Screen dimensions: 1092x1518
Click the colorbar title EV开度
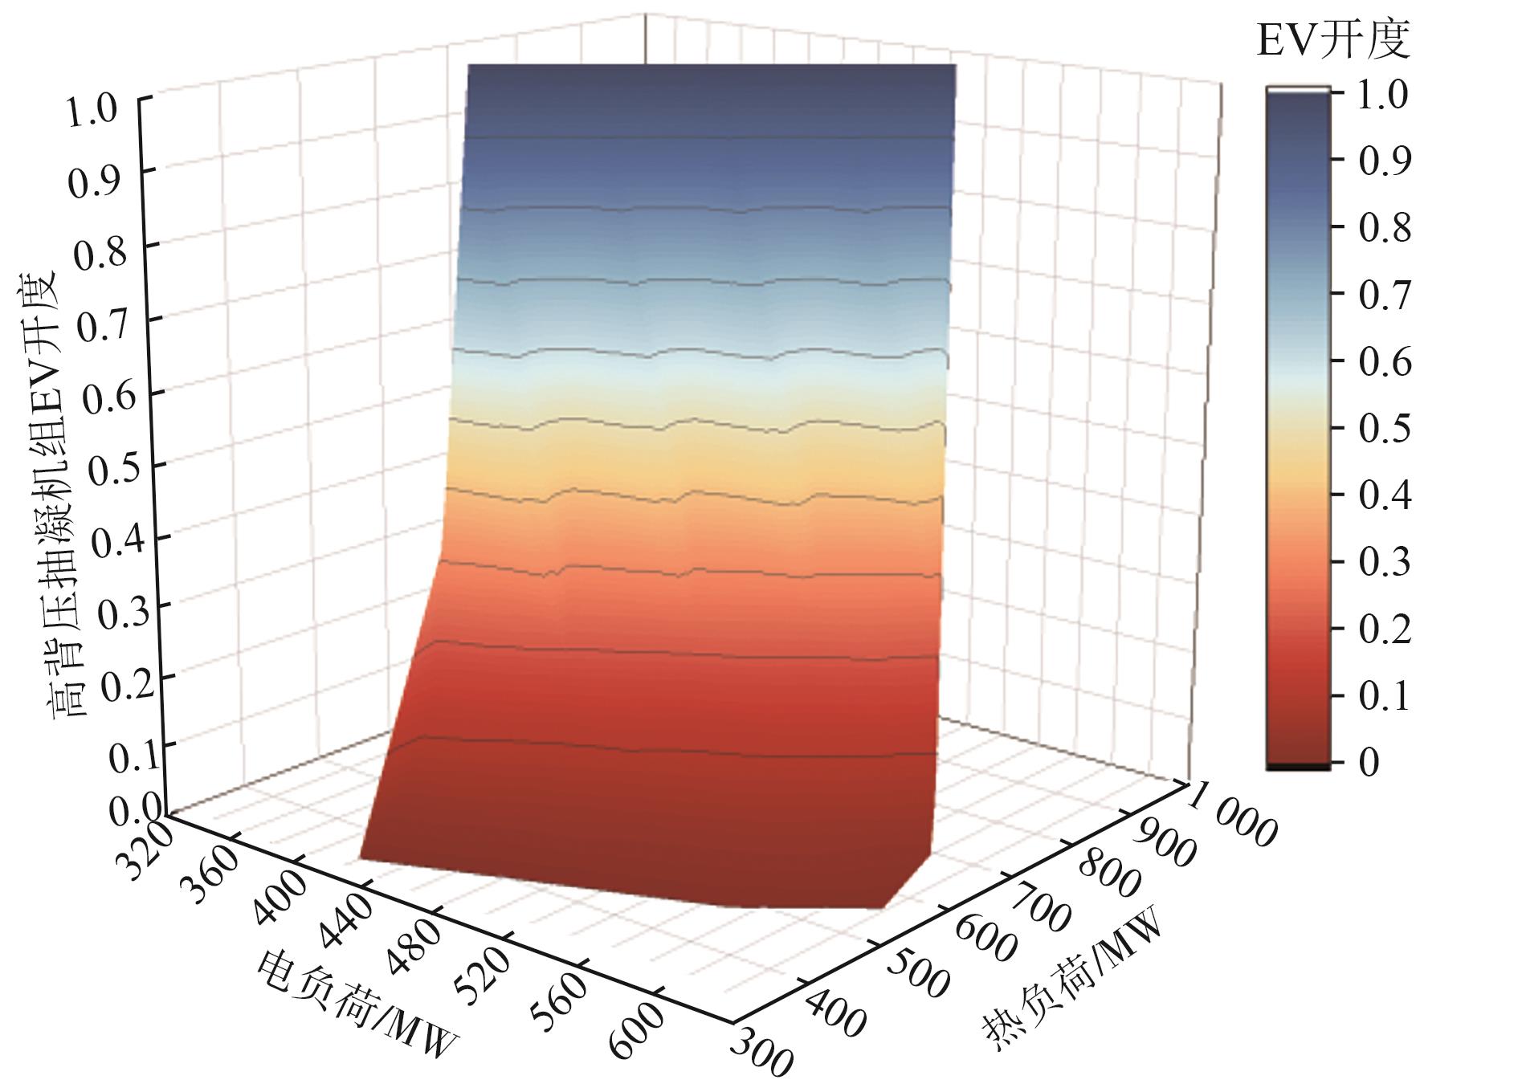coord(1332,40)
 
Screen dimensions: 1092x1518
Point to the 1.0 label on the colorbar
coord(1384,95)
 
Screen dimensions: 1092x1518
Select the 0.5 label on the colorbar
coord(1384,428)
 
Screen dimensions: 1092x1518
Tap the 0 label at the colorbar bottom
coord(1369,761)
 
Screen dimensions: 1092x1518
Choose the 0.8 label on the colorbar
coord(1384,228)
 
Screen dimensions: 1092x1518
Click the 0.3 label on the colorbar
coord(1384,561)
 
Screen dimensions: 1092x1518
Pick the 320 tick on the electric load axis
coord(145,849)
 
